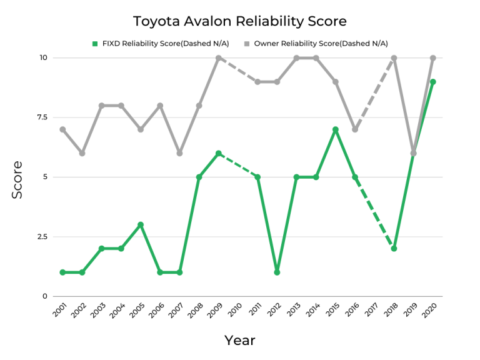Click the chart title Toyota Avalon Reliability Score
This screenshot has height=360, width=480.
pos(240,21)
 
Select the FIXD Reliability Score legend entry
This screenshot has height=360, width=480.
pos(164,43)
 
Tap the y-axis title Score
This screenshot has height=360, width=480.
pos(17,180)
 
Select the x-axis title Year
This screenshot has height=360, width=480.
pos(240,340)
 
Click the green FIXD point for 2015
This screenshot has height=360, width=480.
pos(336,129)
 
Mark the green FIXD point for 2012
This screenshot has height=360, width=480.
pos(277,272)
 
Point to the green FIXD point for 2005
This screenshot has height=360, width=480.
pos(141,224)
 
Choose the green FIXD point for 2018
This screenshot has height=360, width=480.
pos(394,249)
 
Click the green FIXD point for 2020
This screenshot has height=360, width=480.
pos(432,82)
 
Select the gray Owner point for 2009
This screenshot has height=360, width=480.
pos(219,58)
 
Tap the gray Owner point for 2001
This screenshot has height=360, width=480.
pos(62,129)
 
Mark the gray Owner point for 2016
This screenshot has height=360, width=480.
pos(355,129)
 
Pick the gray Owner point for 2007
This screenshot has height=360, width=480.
pos(179,153)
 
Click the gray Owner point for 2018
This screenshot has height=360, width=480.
pos(394,58)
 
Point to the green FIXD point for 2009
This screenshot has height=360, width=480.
pos(219,153)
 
